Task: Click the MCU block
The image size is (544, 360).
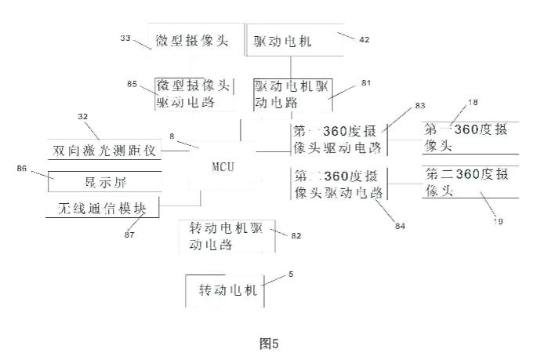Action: (x=223, y=167)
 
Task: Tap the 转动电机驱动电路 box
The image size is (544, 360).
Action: (x=227, y=235)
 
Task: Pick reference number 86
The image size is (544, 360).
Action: (x=20, y=168)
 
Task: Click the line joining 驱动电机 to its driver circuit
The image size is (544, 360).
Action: (x=291, y=66)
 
